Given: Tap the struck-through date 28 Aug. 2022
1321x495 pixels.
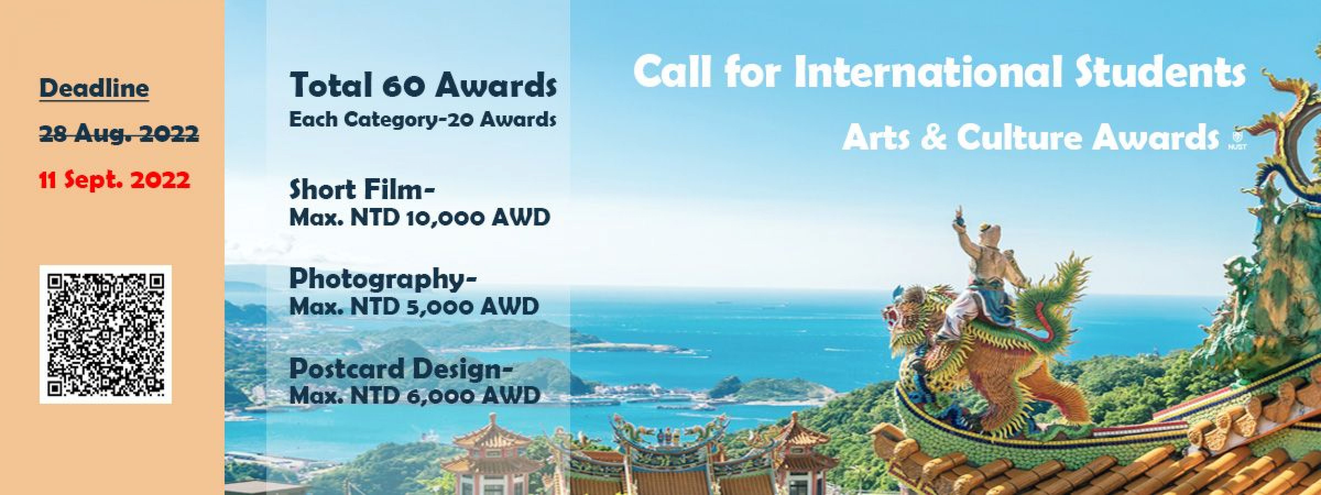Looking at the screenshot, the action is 119,134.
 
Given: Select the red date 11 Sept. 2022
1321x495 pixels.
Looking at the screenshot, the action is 115,180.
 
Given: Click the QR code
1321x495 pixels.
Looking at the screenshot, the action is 106,334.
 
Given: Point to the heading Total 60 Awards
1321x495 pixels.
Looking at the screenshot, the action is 423,86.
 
